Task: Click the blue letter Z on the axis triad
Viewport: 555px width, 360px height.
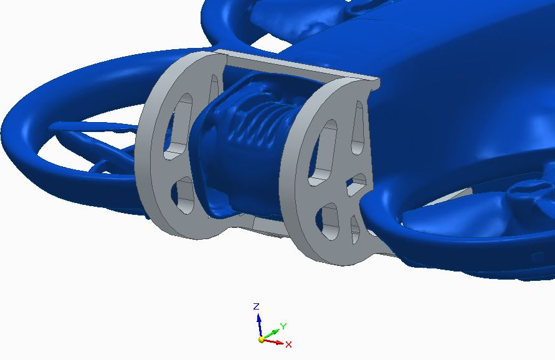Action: [257, 306]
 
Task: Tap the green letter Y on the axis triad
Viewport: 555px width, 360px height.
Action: [283, 326]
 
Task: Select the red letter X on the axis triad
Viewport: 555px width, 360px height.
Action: [288, 344]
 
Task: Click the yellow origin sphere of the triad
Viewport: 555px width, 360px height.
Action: [261, 340]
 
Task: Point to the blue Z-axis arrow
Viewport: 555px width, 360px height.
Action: [260, 325]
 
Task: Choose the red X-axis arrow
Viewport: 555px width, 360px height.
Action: [273, 341]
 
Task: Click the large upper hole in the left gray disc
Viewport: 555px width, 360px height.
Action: [178, 126]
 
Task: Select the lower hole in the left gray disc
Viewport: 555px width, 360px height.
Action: [183, 196]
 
